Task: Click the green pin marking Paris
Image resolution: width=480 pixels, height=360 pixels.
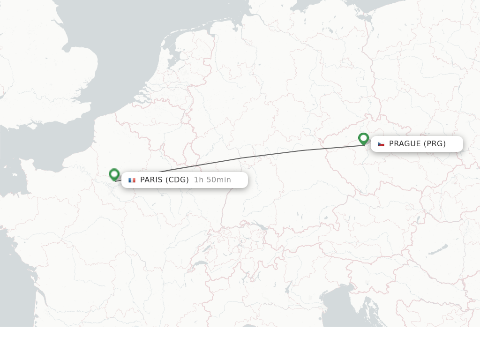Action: [114, 174]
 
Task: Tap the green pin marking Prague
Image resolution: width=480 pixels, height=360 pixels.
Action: [363, 138]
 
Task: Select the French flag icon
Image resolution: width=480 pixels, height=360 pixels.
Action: [132, 180]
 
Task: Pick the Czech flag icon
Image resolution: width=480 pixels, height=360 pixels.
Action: [381, 144]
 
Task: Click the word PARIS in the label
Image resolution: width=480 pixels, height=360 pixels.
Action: [151, 180]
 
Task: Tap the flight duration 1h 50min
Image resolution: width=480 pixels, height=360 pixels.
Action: [212, 180]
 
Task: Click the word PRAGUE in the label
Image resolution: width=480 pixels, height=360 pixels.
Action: [405, 144]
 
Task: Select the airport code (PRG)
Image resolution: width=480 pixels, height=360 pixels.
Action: [435, 144]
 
